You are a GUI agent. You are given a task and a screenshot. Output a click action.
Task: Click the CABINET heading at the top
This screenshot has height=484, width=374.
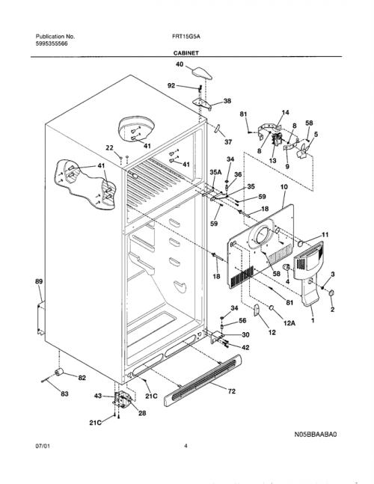coord(186,53)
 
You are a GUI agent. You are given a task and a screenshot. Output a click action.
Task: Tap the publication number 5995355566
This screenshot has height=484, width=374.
coord(52,43)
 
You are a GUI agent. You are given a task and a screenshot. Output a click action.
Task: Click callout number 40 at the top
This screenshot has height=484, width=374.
coord(180,64)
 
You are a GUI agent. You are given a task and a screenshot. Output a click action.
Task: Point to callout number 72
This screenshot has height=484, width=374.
coord(231,391)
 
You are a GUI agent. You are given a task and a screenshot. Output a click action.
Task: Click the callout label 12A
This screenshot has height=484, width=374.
coord(289,323)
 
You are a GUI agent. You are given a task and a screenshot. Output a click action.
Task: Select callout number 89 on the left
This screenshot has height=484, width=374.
coord(39,281)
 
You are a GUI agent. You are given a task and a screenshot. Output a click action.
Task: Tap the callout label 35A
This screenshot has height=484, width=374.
coord(215,173)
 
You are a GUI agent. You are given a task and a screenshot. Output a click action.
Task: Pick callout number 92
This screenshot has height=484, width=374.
coord(171,85)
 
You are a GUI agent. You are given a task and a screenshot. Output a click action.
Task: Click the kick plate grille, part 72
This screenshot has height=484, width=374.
coord(203,381)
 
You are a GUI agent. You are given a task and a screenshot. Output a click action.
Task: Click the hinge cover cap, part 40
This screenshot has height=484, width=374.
coord(203,73)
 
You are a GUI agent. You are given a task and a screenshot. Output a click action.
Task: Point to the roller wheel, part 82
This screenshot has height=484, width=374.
coord(59,372)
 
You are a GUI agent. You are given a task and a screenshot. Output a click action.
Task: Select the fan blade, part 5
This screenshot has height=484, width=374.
coord(302,151)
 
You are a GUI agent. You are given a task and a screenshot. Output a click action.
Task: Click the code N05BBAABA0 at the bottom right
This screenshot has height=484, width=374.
coord(316,435)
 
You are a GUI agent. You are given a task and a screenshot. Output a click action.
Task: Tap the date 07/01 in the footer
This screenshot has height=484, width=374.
coord(43,446)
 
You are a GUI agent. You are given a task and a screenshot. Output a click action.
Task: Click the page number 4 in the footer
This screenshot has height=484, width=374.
coord(186,446)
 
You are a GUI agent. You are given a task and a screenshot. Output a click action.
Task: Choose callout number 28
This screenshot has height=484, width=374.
coord(142,413)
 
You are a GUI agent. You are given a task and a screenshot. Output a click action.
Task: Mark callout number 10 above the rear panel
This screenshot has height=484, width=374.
coord(284,187)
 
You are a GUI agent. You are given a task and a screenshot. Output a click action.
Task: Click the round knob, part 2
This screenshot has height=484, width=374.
coord(331,293)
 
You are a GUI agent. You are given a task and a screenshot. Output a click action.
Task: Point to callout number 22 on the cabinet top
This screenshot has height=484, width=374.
coord(109,148)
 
